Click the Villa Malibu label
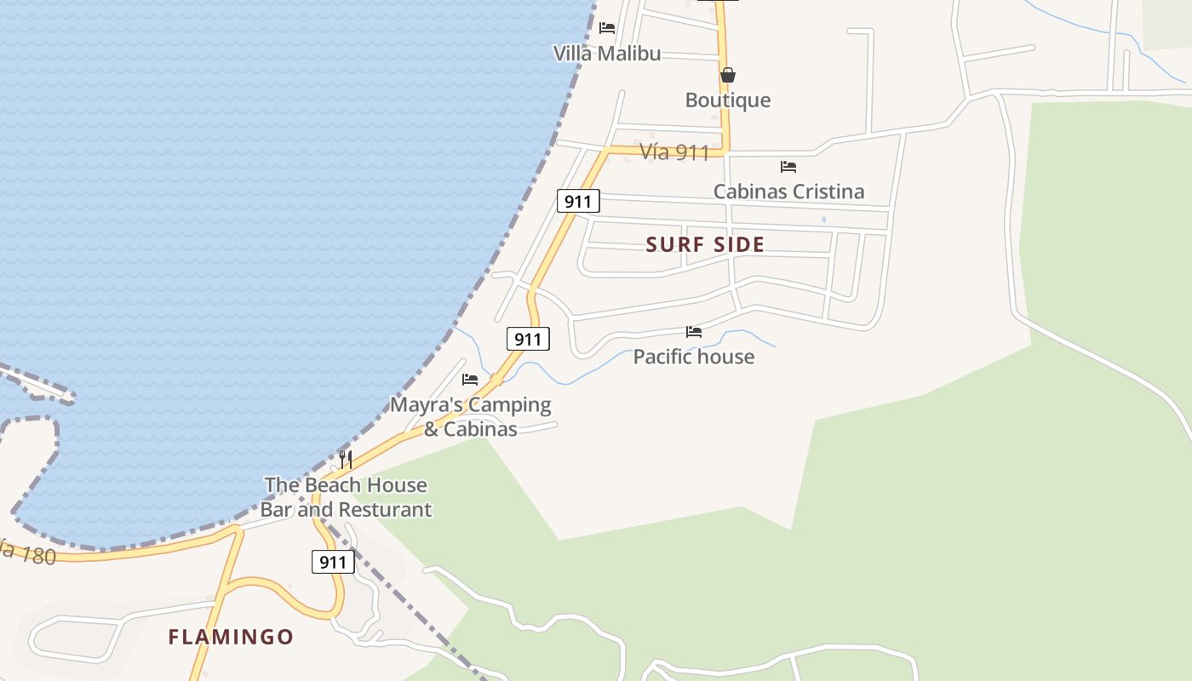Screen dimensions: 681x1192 [607, 54]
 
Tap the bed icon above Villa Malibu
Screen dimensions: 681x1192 [607, 28]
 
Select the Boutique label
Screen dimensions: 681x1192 [728, 100]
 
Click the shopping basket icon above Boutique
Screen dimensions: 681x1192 [728, 76]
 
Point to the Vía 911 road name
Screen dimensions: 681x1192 [674, 152]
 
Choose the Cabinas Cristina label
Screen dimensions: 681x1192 [788, 192]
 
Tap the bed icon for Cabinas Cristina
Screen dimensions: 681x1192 [788, 167]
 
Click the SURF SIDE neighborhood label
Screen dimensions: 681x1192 [705, 245]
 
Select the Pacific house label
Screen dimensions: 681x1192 [694, 357]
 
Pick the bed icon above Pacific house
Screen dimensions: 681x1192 [694, 332]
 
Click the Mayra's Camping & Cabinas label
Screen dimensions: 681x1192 [471, 416]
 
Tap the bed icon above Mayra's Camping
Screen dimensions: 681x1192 [470, 380]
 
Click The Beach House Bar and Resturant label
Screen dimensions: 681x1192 [346, 497]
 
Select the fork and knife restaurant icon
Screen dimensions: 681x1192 [346, 460]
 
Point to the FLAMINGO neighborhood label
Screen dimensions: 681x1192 [231, 637]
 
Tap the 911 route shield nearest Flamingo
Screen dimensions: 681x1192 [333, 562]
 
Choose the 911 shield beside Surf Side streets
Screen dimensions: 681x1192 [578, 201]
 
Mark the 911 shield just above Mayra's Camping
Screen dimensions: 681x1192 [528, 339]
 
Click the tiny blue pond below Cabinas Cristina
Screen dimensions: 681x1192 [824, 220]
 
